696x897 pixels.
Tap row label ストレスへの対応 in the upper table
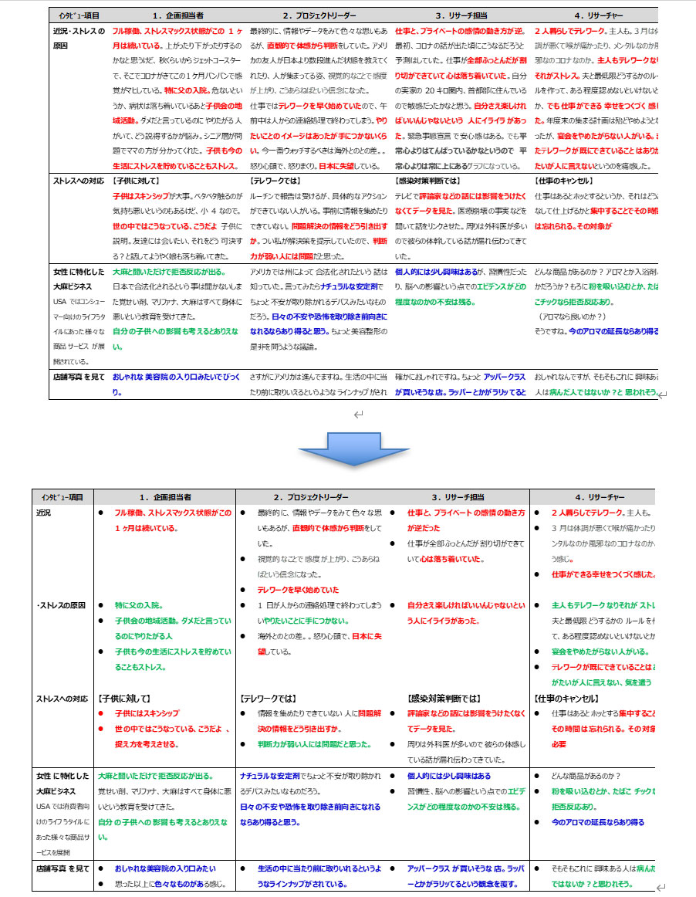pyautogui.click(x=78, y=181)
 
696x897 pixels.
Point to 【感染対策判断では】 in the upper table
pyautogui.click(x=427, y=181)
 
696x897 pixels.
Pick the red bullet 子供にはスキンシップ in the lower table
pyautogui.click(x=147, y=713)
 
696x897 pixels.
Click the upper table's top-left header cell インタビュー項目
pyautogui.click(x=73, y=15)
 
